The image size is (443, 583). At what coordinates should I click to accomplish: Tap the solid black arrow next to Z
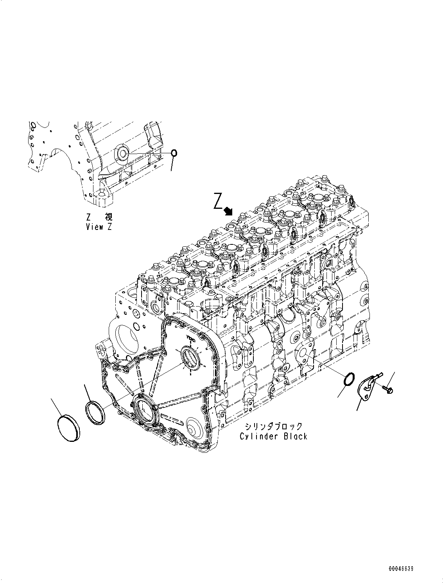tap(228, 212)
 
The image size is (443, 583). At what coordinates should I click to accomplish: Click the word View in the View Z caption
tap(94, 227)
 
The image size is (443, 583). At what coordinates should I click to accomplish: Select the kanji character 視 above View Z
tap(108, 217)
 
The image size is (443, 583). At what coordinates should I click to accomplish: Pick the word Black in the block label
tap(294, 436)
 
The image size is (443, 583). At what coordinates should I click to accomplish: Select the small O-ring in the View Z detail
tap(174, 153)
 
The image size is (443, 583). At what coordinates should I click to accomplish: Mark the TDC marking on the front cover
tap(191, 337)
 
